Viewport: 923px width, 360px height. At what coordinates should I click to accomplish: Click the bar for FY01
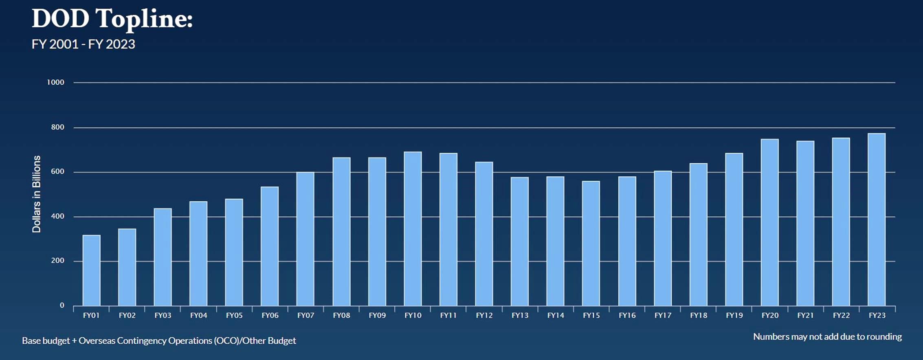(x=91, y=270)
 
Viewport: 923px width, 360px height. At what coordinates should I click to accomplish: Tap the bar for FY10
(x=413, y=228)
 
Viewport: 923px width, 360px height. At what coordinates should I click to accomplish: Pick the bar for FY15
(x=591, y=243)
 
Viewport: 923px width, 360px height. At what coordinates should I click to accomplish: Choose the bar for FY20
(x=769, y=222)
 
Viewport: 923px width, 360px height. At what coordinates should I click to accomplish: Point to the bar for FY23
(x=877, y=220)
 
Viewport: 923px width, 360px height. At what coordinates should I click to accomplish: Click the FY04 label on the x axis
(x=198, y=315)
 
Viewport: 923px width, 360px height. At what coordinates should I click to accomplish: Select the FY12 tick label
(x=484, y=315)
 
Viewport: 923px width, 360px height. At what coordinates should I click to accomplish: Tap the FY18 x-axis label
(x=699, y=315)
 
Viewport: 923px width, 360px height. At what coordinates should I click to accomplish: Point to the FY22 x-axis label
(x=841, y=315)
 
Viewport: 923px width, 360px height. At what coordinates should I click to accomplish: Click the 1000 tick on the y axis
(x=55, y=82)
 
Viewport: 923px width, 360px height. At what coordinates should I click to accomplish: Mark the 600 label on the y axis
(x=57, y=171)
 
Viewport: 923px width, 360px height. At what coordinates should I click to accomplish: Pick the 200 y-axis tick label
(x=57, y=261)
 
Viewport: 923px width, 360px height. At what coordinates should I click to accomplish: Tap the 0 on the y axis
(x=62, y=305)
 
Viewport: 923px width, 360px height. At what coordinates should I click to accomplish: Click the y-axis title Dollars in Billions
(x=37, y=194)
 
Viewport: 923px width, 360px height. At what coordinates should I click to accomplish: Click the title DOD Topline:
(x=112, y=19)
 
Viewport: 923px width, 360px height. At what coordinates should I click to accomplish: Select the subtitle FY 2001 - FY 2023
(x=83, y=44)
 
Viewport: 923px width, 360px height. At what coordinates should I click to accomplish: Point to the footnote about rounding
(x=827, y=337)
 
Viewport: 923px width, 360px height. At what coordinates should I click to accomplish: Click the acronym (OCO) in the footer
(x=226, y=340)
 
